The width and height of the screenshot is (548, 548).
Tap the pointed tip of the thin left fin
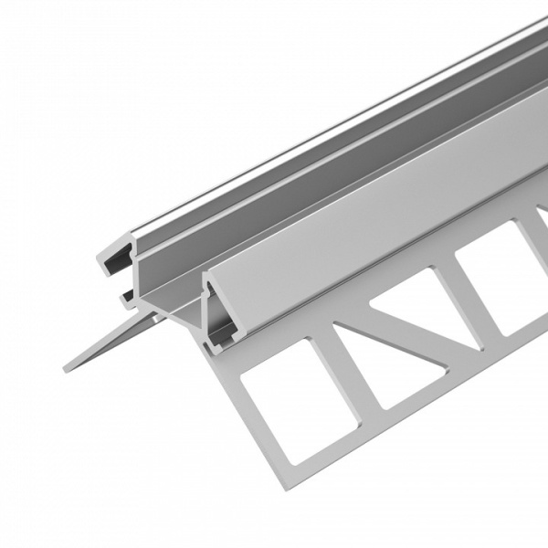click(67, 368)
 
